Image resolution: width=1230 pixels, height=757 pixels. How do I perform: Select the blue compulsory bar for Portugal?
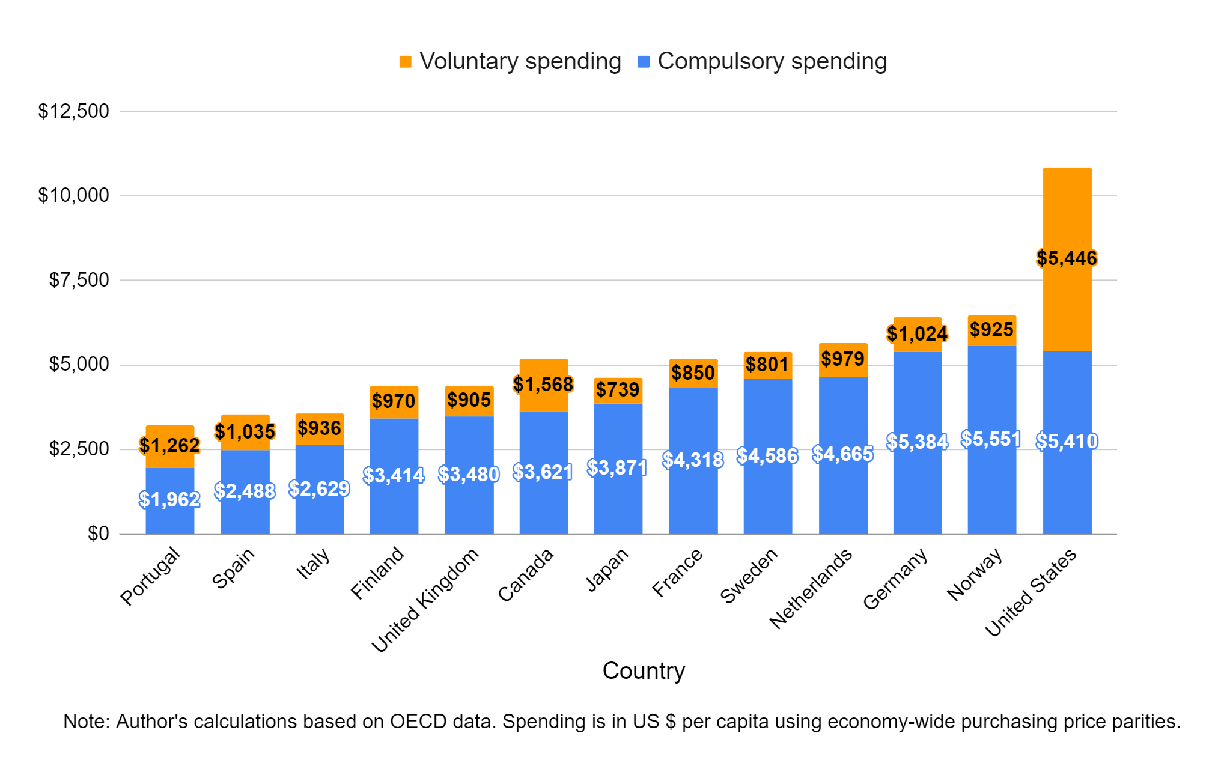coord(169,517)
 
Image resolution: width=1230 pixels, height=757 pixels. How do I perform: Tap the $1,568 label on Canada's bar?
coord(543,384)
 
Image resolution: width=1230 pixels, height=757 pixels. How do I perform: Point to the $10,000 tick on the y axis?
coord(73,195)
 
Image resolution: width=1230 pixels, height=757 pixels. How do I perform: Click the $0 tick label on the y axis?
coord(98,534)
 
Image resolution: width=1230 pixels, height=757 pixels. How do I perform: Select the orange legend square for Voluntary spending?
coord(406,62)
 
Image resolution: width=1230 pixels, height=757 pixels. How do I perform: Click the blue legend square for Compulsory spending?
coord(644,62)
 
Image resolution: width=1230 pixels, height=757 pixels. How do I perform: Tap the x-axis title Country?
coord(643,670)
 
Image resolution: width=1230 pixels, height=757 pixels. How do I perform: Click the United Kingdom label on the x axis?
coord(425,599)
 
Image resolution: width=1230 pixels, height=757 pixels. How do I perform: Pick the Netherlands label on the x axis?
coord(811,588)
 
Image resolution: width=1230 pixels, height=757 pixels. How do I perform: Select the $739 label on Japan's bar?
coord(618,390)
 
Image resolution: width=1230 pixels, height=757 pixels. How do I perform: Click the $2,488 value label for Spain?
coord(245,491)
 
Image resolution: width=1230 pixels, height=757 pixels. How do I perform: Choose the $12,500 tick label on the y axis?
coord(73,111)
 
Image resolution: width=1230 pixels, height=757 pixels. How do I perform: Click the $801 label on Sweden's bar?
coord(767,365)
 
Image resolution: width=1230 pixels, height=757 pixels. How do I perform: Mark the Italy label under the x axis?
coord(314,564)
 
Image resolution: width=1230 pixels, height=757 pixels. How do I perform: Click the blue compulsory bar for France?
coord(693,499)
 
